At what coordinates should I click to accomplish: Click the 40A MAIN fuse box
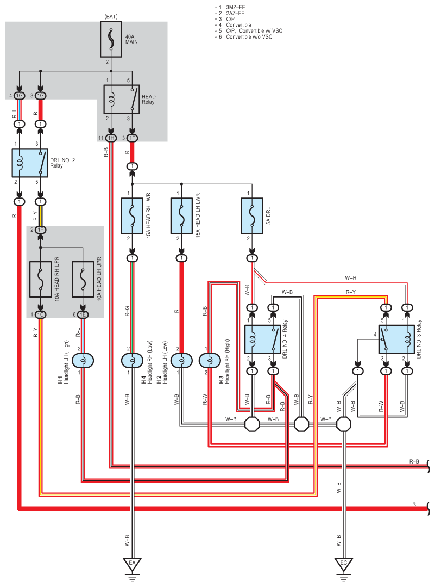tap(111, 39)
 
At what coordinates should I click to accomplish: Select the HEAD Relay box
tap(122, 99)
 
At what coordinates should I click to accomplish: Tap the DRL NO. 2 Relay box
tap(30, 163)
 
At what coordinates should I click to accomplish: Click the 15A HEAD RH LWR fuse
tap(132, 215)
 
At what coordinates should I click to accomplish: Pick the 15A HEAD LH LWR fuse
tap(181, 215)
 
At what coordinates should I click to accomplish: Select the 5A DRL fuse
tap(252, 215)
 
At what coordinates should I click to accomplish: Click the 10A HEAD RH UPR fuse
tap(40, 279)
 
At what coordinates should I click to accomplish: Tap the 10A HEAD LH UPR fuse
tap(83, 279)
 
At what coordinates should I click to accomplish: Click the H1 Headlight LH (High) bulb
tap(83, 361)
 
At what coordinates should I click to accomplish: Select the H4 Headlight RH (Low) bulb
tap(133, 361)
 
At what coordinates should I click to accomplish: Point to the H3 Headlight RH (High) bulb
tap(210, 361)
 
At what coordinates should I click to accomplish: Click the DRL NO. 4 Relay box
tap(262, 339)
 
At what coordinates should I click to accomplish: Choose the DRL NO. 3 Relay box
tap(396, 339)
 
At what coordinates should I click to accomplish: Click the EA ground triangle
tap(132, 564)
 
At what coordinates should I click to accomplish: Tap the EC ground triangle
tap(343, 564)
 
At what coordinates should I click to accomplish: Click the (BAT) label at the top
tap(111, 17)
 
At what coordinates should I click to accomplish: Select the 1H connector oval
tap(111, 138)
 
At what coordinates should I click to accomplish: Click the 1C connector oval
tap(40, 314)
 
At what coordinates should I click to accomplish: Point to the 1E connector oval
tap(83, 314)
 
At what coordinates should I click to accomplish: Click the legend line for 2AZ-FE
tap(230, 13)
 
